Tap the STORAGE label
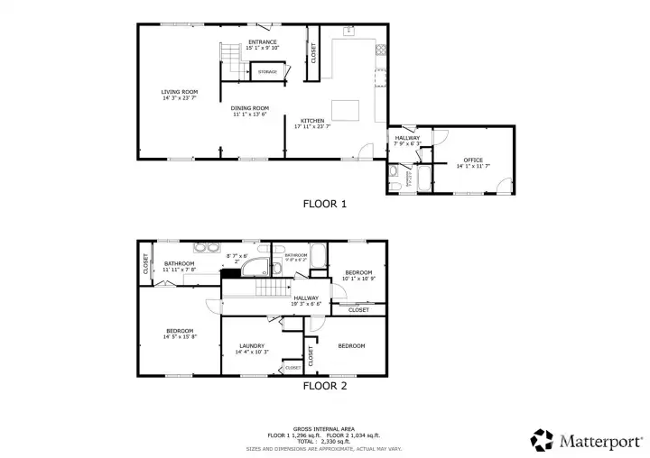[267, 71]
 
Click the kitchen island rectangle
[346, 110]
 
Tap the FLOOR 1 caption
[324, 204]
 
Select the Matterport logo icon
[542, 439]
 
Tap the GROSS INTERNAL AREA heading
[324, 428]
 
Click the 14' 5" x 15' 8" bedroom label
[180, 334]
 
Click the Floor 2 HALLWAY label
[306, 300]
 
